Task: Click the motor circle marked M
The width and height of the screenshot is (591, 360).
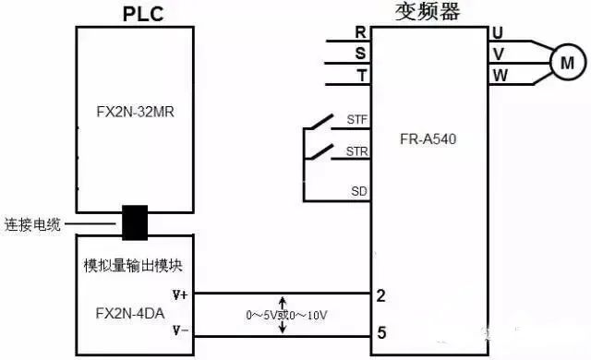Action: click(568, 62)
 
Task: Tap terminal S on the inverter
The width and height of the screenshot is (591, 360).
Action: click(360, 54)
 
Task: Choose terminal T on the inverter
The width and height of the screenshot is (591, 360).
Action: click(360, 73)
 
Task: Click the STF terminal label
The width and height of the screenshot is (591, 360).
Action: click(356, 121)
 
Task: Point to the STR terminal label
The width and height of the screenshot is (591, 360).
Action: click(356, 150)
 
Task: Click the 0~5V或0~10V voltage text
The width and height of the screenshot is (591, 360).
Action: click(286, 316)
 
